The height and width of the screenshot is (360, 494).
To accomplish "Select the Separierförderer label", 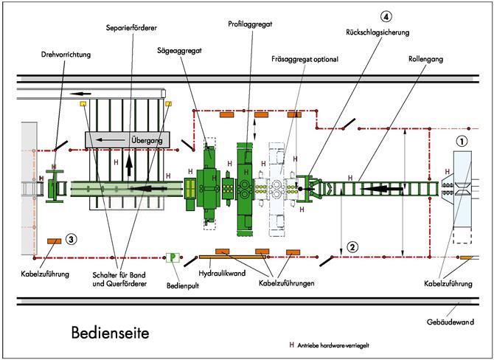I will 133,27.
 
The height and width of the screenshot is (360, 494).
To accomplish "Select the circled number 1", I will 461,139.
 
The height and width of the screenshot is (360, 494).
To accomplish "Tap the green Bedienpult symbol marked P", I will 173,257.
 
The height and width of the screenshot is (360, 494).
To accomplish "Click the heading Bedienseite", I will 110,333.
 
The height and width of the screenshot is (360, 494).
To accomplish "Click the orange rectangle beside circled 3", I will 53,240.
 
